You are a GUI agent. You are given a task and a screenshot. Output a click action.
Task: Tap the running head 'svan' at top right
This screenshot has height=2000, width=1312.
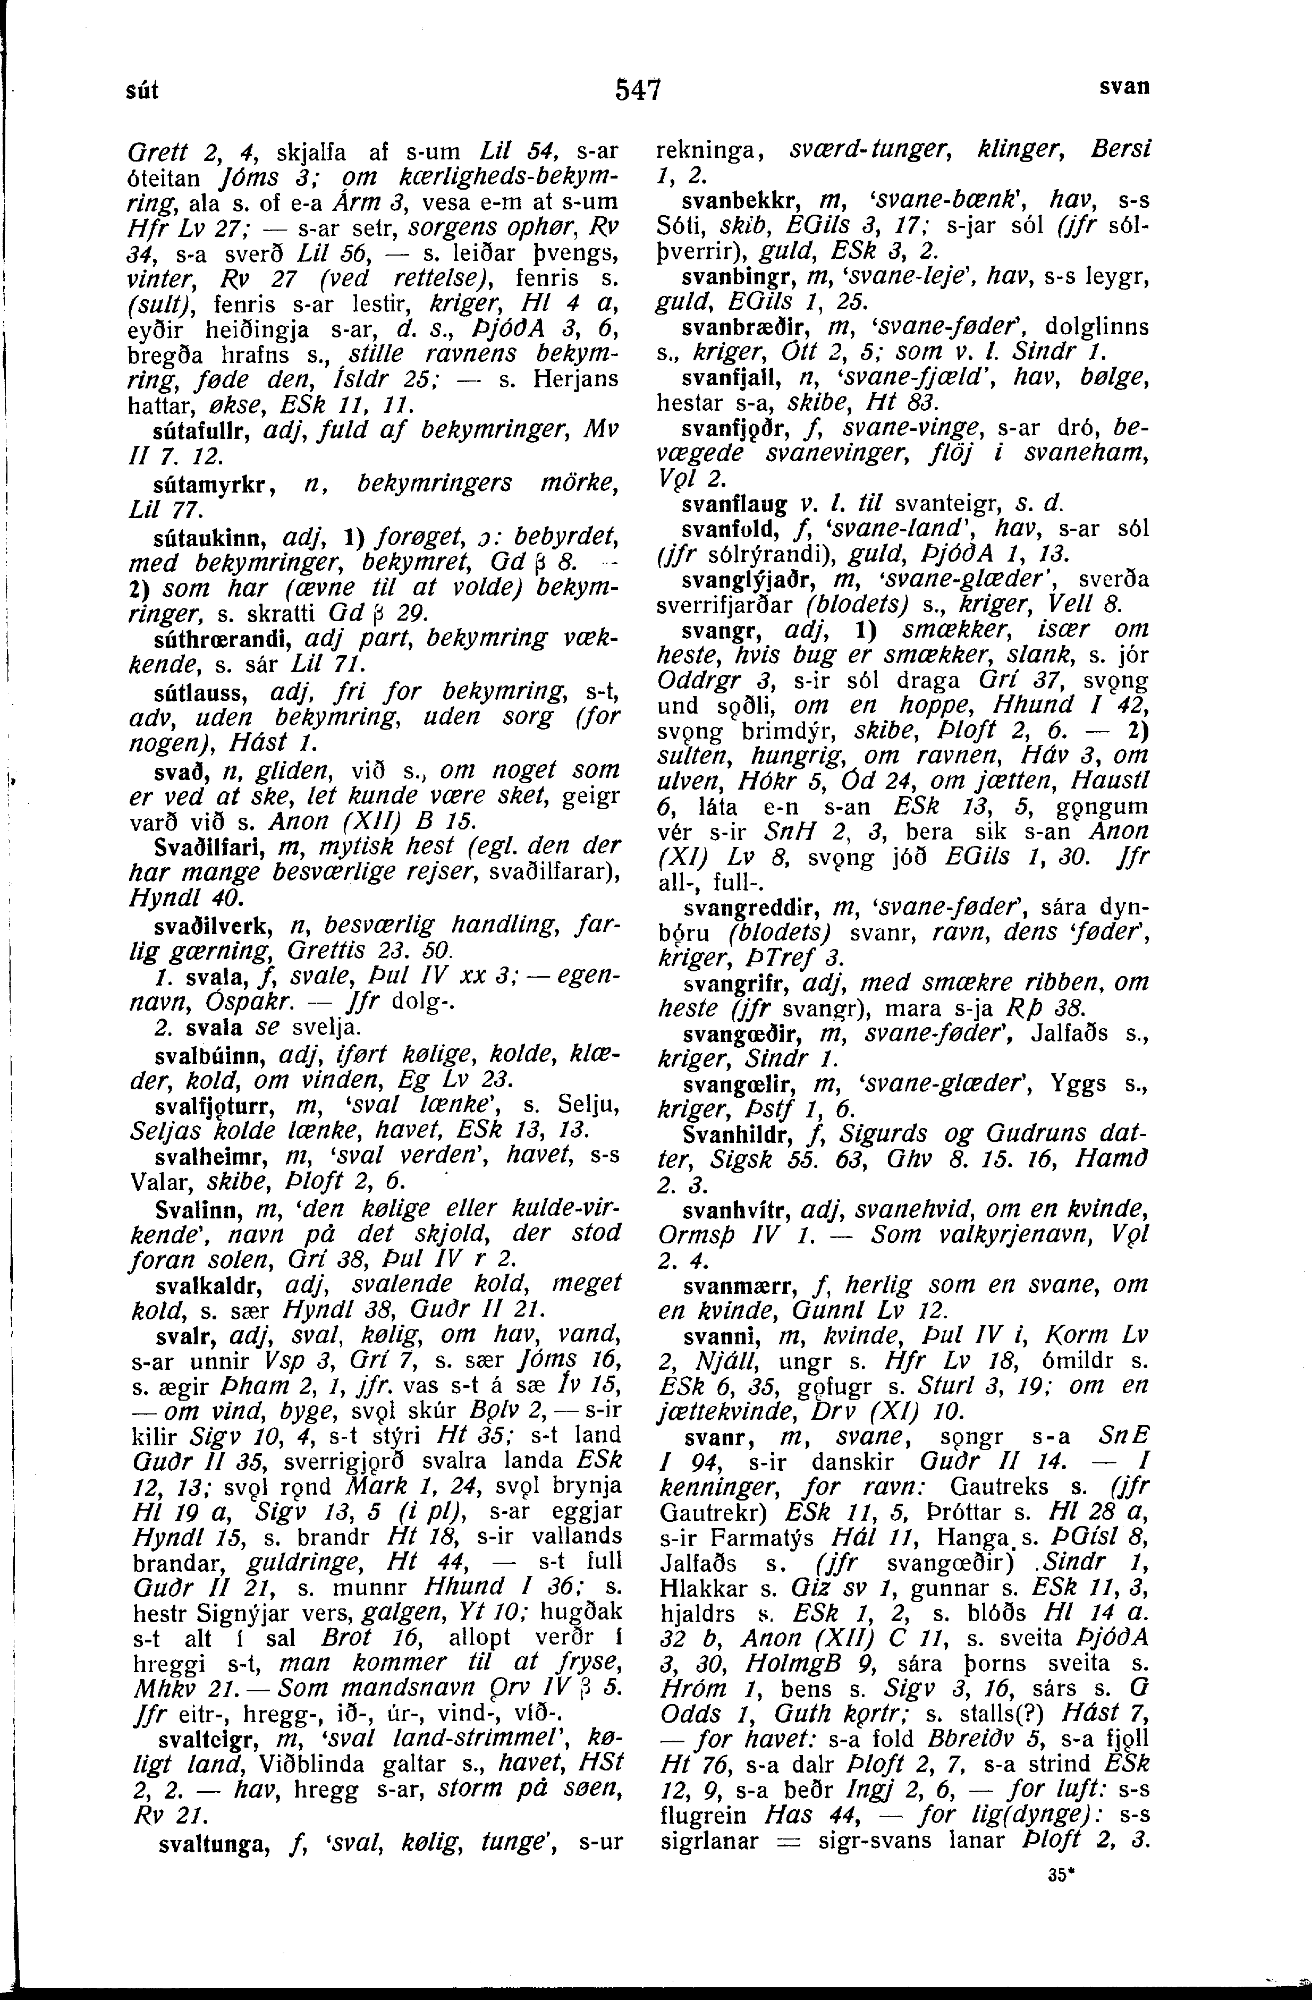[1124, 87]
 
